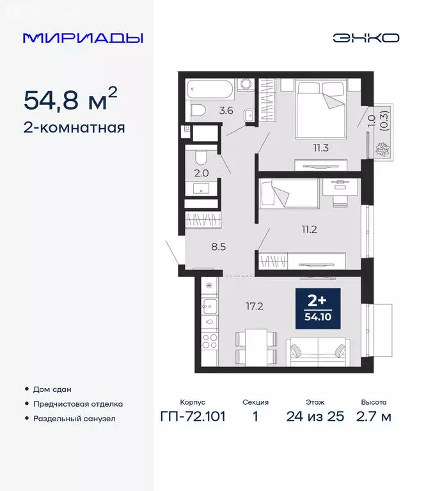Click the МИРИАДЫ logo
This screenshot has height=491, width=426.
(x=83, y=38)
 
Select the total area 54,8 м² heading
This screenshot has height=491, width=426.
(x=71, y=100)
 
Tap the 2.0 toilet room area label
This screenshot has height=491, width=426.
(x=200, y=172)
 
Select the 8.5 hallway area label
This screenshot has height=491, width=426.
(x=200, y=243)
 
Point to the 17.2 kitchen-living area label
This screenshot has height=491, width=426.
(x=255, y=306)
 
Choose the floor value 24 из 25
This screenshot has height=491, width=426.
(x=315, y=417)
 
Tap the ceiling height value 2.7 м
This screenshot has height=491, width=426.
(x=376, y=417)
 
